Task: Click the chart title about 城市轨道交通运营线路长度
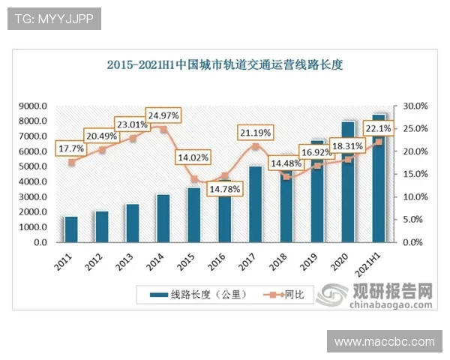pyautogui.click(x=224, y=64)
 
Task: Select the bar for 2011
pyautogui.click(x=71, y=229)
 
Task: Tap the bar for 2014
pyautogui.click(x=163, y=218)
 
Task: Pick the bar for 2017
pyautogui.click(x=255, y=204)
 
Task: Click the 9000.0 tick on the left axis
pyautogui.click(x=34, y=106)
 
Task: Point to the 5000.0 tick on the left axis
pyautogui.click(x=34, y=166)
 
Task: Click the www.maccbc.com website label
pyautogui.click(x=384, y=341)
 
